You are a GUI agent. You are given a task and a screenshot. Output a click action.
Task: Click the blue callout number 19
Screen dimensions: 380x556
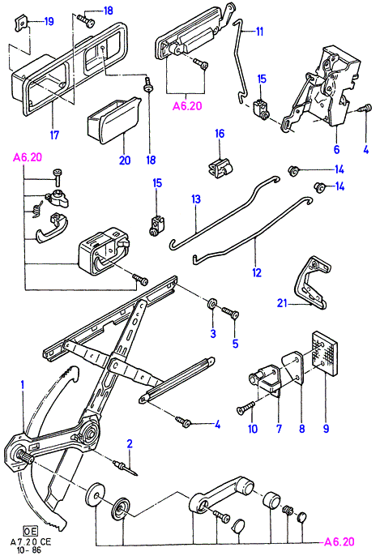point(49,21)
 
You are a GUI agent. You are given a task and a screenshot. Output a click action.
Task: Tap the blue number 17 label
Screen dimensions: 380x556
point(54,135)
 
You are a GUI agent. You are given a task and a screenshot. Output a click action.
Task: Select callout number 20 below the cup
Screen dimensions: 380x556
point(125,160)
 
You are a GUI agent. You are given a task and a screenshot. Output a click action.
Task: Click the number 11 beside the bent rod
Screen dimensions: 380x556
point(260,32)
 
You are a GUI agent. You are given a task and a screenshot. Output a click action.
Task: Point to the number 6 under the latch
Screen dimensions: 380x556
point(336,149)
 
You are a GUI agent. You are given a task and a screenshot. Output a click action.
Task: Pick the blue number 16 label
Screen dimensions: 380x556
point(220,134)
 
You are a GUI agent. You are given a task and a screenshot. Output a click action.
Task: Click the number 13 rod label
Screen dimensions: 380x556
point(196,199)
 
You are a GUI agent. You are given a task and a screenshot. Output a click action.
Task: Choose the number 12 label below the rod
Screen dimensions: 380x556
point(257,272)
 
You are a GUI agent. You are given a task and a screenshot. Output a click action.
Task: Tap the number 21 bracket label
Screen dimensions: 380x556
point(282,303)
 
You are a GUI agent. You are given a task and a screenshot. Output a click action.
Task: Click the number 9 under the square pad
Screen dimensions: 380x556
point(326,429)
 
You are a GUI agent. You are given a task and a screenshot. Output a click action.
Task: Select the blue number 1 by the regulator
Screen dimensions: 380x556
point(23,385)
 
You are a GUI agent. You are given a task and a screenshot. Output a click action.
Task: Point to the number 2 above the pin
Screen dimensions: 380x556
point(130,443)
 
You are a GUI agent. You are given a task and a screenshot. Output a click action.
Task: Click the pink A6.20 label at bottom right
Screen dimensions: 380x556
point(339,541)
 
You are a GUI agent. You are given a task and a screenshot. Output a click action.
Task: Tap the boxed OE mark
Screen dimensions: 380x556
point(30,531)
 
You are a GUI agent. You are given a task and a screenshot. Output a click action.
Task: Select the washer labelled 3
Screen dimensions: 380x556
point(212,304)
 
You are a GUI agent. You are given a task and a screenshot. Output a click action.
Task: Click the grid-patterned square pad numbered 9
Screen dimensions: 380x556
point(324,353)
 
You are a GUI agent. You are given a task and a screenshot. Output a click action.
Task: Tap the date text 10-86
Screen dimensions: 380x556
point(28,550)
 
